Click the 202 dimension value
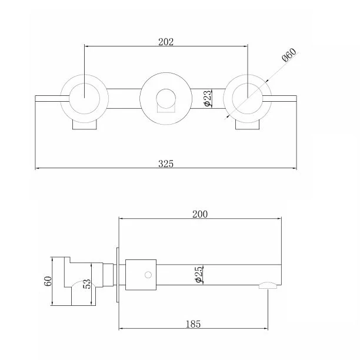tap(166, 42)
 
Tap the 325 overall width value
tap(166, 164)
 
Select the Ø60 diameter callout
tap(289, 55)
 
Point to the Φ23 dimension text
tap(207, 98)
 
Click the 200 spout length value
tap(200, 214)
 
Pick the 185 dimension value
tap(193, 324)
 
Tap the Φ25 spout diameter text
tap(199, 274)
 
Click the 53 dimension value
tap(87, 284)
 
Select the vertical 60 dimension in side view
tap(48, 281)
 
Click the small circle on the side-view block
tap(148, 275)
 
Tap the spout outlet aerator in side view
tap(268, 285)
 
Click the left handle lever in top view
tap(52, 98)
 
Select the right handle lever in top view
tap(279, 98)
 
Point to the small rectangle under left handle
tap(85, 125)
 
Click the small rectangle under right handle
tap(248, 125)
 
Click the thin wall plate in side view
tap(118, 275)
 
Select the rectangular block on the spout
tap(141, 275)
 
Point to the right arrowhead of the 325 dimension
tap(295, 168)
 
